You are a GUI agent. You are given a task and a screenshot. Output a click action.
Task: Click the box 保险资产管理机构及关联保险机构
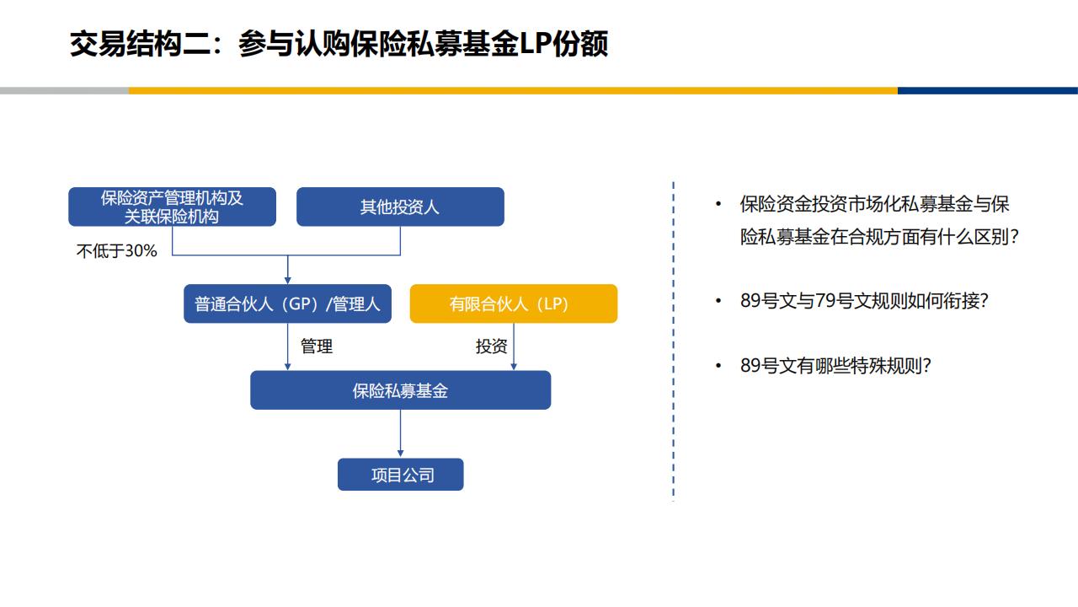(173, 207)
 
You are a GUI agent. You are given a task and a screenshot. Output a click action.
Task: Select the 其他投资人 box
(400, 207)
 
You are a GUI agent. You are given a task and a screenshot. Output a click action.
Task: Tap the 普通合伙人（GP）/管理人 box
(288, 303)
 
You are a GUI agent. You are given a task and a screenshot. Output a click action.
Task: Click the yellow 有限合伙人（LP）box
(514, 303)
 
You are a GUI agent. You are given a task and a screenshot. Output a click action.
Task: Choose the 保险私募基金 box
(400, 390)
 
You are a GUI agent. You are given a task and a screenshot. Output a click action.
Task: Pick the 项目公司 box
(400, 475)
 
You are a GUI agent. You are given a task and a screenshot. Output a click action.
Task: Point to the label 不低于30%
(116, 251)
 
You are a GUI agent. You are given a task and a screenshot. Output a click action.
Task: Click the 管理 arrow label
(316, 346)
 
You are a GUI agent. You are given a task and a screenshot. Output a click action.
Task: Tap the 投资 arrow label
(491, 346)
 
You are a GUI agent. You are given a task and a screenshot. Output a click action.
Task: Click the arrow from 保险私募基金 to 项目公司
(400, 433)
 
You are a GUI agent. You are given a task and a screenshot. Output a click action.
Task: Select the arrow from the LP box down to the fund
(514, 346)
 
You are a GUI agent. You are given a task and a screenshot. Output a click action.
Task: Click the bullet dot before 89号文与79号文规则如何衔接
(718, 301)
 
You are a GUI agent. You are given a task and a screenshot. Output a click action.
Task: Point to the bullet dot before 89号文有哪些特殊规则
(718, 366)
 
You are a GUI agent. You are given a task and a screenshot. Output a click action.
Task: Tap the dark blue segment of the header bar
(988, 90)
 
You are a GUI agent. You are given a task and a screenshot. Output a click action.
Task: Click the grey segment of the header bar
(65, 90)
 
